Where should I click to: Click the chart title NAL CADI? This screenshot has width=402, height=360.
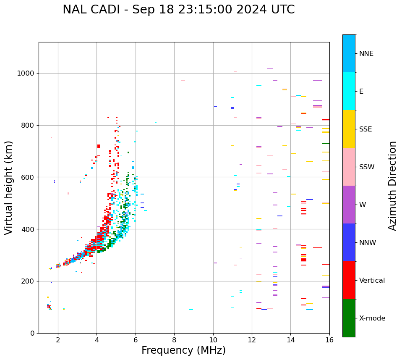178,10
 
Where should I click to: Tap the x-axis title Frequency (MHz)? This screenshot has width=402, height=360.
183,350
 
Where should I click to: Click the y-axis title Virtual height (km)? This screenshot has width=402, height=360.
9,187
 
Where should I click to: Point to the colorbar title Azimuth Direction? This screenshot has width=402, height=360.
392,186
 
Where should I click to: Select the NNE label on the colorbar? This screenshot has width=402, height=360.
366,54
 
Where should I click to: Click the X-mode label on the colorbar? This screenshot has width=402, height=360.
372,318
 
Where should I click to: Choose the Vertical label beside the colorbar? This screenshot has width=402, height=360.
372,281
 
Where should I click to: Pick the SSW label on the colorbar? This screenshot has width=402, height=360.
367,167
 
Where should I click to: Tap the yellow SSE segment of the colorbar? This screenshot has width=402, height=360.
349,129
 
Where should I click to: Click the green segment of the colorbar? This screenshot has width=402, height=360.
349,318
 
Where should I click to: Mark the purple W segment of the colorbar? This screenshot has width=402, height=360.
349,205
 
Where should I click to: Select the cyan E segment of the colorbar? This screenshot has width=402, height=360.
349,91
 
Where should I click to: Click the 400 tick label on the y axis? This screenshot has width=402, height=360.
30,229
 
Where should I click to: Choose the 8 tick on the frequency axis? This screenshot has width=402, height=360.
174,340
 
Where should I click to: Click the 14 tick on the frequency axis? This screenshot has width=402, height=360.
290,340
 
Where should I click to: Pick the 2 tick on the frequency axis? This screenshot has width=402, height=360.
58,340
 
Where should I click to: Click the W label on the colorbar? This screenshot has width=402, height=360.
362,205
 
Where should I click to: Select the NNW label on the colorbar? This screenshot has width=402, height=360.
368,243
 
